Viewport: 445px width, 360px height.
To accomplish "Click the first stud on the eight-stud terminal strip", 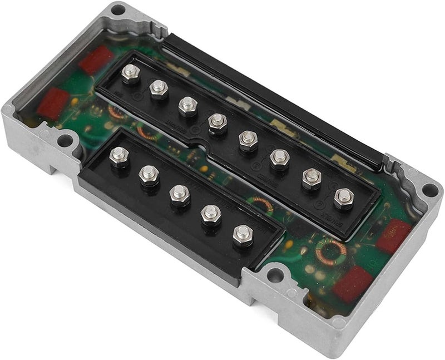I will tap(131, 73).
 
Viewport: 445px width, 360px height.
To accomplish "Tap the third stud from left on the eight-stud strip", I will tap(187, 104).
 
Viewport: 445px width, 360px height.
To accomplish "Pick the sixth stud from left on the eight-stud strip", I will tap(279, 158).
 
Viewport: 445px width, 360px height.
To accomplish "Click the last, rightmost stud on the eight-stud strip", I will tap(343, 196).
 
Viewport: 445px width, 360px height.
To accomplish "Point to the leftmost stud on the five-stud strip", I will tap(118, 156).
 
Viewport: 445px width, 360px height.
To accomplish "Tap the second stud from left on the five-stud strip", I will tap(149, 174).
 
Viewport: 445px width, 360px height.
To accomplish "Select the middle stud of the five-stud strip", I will tap(179, 194).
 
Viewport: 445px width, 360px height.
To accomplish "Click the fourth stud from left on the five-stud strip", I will tap(211, 213).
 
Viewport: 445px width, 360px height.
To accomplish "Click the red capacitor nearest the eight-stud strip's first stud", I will tap(95, 60).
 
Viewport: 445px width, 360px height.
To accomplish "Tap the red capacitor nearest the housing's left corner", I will tap(53, 102).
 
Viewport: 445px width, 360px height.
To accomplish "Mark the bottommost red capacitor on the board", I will tap(353, 283).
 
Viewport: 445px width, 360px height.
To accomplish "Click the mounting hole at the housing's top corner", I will tap(117, 9).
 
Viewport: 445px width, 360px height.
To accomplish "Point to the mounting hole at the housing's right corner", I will tap(429, 189).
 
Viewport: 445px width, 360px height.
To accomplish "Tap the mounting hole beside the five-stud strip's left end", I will tap(65, 140).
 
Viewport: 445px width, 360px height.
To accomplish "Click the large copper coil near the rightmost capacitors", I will tap(331, 251).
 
